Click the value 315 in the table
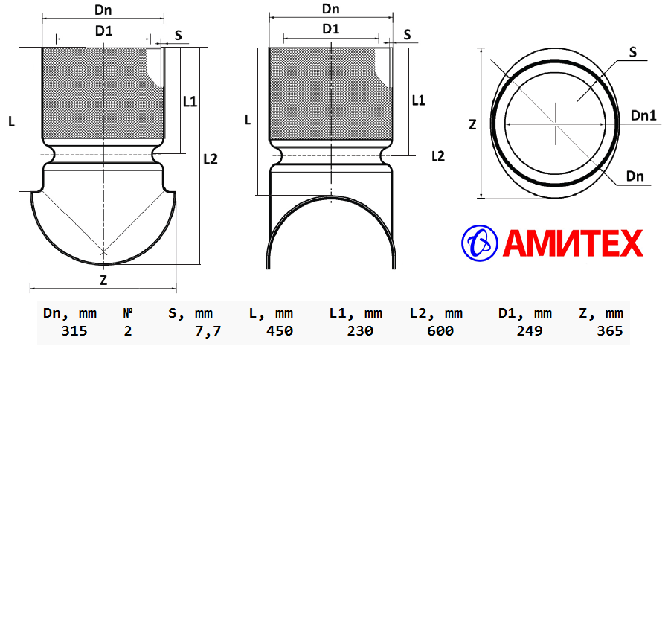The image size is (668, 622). pyautogui.click(x=74, y=330)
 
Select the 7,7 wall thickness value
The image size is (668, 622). pyautogui.click(x=208, y=331)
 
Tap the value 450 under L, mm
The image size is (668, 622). pyautogui.click(x=280, y=330)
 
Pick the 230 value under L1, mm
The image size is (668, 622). pyautogui.click(x=360, y=330)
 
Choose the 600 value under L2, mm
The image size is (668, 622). pyautogui.click(x=440, y=330)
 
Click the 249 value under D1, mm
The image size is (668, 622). pyautogui.click(x=530, y=330)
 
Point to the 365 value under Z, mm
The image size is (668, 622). pyautogui.click(x=610, y=330)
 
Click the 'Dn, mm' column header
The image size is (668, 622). pyautogui.click(x=70, y=313)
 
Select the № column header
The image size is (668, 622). pyautogui.click(x=128, y=313)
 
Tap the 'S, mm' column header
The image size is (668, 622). pyautogui.click(x=190, y=313)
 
